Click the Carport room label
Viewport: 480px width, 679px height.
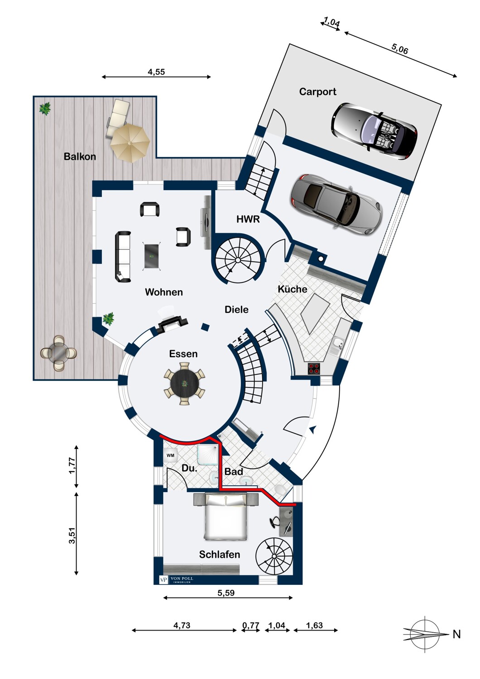(317, 91)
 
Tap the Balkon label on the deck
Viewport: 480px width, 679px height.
(80, 157)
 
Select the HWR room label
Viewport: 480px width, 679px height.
(248, 219)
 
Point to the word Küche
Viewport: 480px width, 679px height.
(293, 289)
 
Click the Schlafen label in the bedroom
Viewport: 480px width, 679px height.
(220, 555)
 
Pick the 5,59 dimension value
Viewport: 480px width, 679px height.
(226, 593)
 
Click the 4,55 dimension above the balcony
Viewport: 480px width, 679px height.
(156, 72)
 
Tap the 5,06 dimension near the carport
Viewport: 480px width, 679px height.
(400, 48)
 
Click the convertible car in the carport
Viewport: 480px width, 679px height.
(374, 131)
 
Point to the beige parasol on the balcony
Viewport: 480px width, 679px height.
(130, 143)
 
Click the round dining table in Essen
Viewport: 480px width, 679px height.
(184, 384)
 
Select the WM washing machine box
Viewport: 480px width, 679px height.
(170, 455)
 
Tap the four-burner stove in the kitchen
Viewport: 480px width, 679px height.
(314, 368)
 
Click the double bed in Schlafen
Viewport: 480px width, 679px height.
(226, 516)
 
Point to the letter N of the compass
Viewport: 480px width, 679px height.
(456, 634)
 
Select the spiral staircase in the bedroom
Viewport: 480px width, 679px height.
(274, 556)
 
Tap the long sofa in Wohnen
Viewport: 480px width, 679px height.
(123, 257)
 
